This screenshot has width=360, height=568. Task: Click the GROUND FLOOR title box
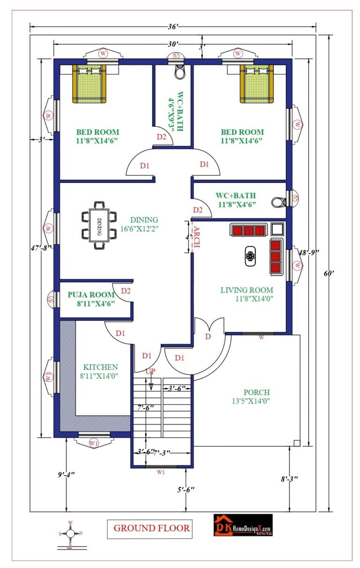(x=151, y=528)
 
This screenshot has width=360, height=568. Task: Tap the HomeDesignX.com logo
(x=243, y=525)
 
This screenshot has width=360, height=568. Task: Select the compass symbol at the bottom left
(x=70, y=534)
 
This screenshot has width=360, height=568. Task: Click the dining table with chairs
(x=99, y=225)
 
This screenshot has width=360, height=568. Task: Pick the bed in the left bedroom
(x=89, y=83)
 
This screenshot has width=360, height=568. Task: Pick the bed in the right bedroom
(x=256, y=83)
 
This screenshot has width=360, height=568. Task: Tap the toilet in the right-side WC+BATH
(x=278, y=202)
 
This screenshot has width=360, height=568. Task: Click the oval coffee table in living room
(x=250, y=256)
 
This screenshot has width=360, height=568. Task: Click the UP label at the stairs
(x=150, y=371)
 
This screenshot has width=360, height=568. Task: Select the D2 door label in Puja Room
(x=125, y=291)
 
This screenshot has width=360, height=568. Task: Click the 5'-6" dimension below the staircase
(x=186, y=489)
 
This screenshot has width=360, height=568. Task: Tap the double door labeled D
(x=208, y=337)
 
